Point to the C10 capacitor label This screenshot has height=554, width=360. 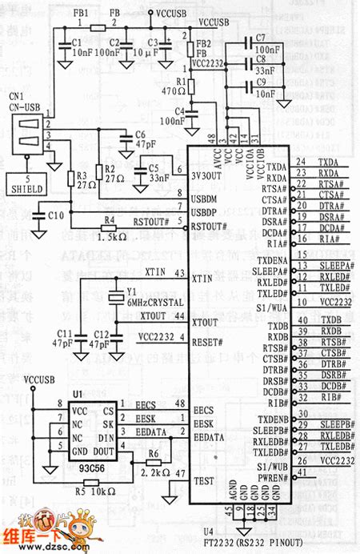coord(54,216)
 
